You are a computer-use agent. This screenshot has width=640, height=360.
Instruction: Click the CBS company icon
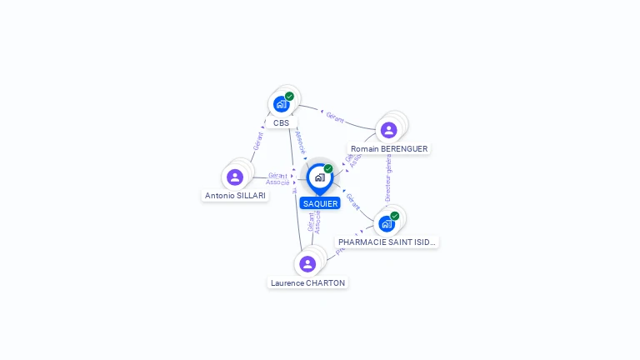pyautogui.click(x=281, y=104)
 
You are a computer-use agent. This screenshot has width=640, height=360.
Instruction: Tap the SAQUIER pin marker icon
pyautogui.click(x=319, y=177)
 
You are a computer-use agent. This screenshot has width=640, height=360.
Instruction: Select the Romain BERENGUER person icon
pyautogui.click(x=388, y=130)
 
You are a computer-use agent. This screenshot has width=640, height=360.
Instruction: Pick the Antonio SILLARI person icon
pyautogui.click(x=235, y=177)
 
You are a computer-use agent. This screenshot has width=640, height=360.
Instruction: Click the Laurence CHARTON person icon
pyautogui.click(x=307, y=264)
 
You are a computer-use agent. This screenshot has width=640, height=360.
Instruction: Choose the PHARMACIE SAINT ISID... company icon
pyautogui.click(x=386, y=223)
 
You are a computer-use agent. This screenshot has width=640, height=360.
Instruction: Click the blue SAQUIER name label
pyautogui.click(x=320, y=203)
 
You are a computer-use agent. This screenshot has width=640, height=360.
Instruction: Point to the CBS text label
pyautogui.click(x=281, y=123)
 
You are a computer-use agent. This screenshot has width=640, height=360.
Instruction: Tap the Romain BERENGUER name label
pyautogui.click(x=389, y=149)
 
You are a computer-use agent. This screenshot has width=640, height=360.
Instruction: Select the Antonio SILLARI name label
pyautogui.click(x=235, y=196)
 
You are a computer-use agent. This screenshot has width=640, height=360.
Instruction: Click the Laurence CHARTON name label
pyautogui.click(x=307, y=283)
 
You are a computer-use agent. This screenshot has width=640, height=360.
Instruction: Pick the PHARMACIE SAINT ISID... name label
pyautogui.click(x=387, y=242)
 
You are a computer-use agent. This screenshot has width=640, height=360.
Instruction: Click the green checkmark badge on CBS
pyautogui.click(x=289, y=96)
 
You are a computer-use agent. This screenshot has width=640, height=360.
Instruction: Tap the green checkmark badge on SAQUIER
pyautogui.click(x=328, y=168)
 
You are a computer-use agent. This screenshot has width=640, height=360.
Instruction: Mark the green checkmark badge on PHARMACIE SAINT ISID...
pyautogui.click(x=395, y=216)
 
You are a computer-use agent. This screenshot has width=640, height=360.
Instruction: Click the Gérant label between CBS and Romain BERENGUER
pyautogui.click(x=335, y=117)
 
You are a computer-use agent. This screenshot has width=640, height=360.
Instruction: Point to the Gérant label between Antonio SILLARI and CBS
pyautogui.click(x=257, y=140)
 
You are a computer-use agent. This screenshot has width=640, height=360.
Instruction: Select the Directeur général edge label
pyautogui.click(x=388, y=177)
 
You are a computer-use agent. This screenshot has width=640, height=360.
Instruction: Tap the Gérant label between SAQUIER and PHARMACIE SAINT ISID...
pyautogui.click(x=353, y=202)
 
